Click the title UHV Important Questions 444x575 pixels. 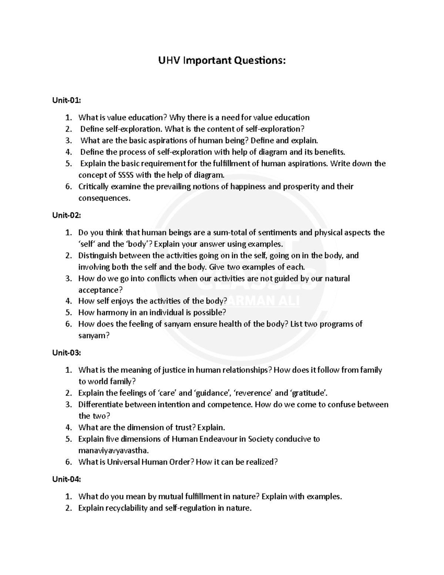point(222,60)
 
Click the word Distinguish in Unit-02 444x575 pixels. point(97,255)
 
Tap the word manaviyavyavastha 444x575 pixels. point(113,451)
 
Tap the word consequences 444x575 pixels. point(104,198)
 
